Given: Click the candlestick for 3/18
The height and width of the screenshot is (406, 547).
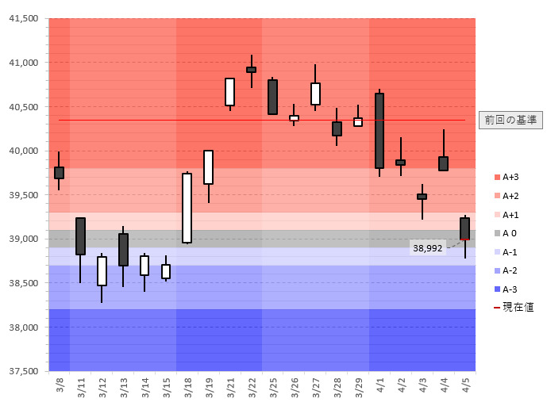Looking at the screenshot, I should [187, 208].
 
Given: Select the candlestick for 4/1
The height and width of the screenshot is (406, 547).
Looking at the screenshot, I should [379, 131].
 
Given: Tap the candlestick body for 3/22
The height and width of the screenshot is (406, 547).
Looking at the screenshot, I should [251, 70].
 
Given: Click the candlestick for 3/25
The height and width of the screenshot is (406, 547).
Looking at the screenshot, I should [272, 97].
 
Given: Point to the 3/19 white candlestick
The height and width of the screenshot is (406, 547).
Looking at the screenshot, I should [208, 167].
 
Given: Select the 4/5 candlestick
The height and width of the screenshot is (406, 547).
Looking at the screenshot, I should [464, 228].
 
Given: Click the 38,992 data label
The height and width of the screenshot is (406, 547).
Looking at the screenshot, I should [427, 248].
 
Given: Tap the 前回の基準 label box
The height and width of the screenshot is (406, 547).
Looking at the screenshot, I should [511, 120].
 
